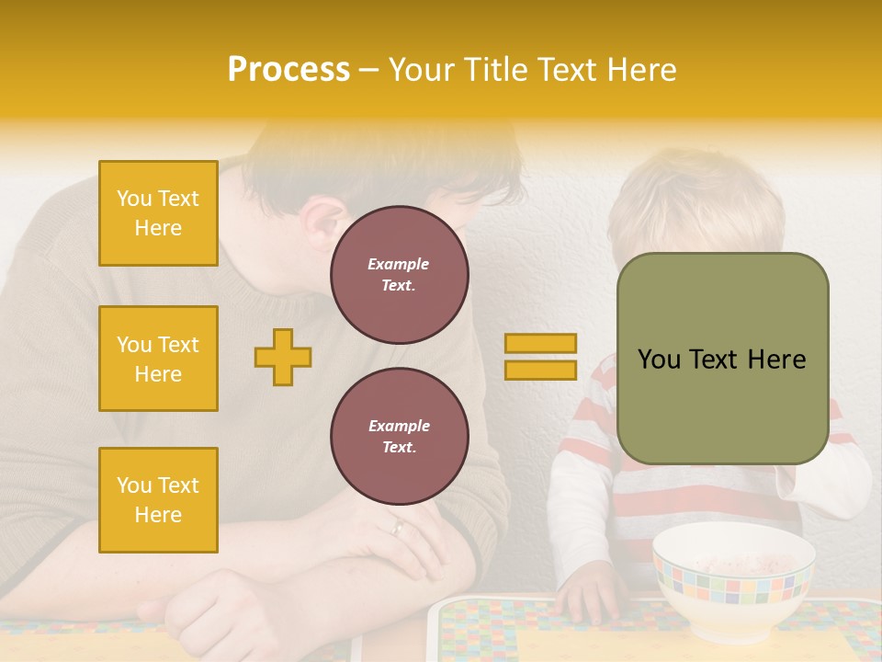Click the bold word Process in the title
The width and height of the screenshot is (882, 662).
[x=288, y=70]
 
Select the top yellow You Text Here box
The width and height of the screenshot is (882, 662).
[x=158, y=213]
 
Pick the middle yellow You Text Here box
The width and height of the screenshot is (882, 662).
[x=158, y=359]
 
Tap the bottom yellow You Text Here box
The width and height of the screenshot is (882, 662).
[x=158, y=500]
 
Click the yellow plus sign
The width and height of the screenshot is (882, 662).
[x=283, y=357]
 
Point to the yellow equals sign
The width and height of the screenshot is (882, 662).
[x=540, y=357]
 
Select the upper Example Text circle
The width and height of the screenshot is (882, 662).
[x=399, y=275]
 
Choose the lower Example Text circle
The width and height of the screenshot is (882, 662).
[x=399, y=437]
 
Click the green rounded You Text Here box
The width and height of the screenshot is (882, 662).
[x=722, y=359]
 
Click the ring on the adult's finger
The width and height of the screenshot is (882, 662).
[x=397, y=527]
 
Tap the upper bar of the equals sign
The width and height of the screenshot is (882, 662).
[x=540, y=343]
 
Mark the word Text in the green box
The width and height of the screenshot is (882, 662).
[x=722, y=360]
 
